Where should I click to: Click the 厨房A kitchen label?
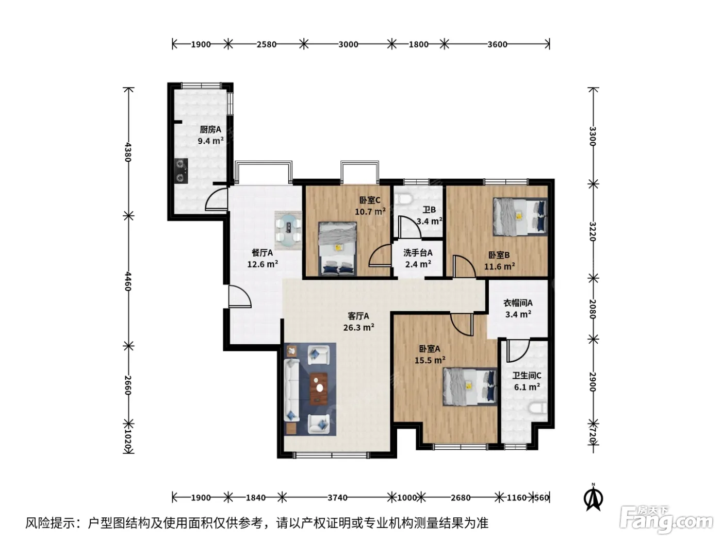click(210, 129)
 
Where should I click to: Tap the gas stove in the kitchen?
click(181, 171)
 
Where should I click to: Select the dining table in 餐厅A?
click(288, 230)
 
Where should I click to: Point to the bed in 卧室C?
click(337, 249)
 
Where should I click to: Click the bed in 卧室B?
click(520, 216)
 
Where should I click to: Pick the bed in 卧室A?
click(470, 386)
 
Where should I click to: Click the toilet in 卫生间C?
click(538, 408)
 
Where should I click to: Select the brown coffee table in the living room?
click(319, 388)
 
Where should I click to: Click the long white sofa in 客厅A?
click(291, 390)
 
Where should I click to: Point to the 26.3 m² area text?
click(358, 327)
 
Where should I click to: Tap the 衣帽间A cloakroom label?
click(518, 302)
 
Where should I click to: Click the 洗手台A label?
click(418, 252)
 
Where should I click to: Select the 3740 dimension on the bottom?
click(337, 498)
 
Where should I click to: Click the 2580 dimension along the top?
click(267, 44)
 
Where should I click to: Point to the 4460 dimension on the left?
click(128, 281)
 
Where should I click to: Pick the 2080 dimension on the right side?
click(593, 309)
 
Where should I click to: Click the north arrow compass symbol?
click(593, 497)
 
